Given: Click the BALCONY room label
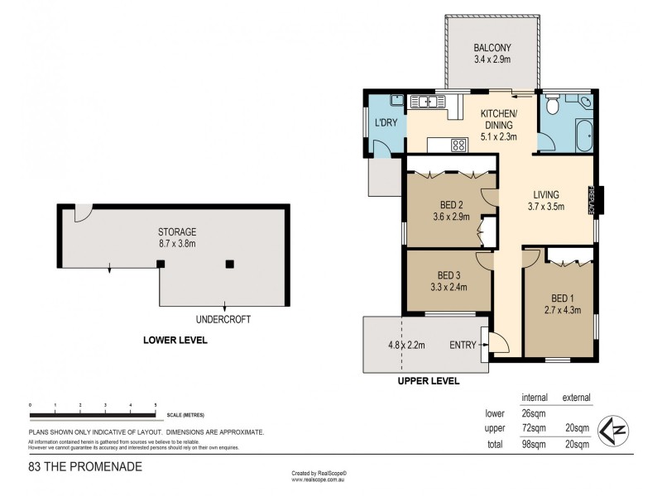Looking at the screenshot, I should tap(492, 47).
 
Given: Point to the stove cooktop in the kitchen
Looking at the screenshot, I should tap(458, 145).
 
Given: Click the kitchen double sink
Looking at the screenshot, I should tap(427, 102).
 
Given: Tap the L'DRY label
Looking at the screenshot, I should tap(386, 123).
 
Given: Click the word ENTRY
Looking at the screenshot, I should tap(463, 345).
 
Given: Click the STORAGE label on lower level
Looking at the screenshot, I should tap(177, 231).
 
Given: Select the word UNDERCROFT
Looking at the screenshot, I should tap(222, 318).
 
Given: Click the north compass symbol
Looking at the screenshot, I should tap(612, 429).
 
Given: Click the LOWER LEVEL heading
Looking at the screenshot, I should tap(175, 340).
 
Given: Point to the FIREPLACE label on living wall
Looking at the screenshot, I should tap(592, 199).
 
